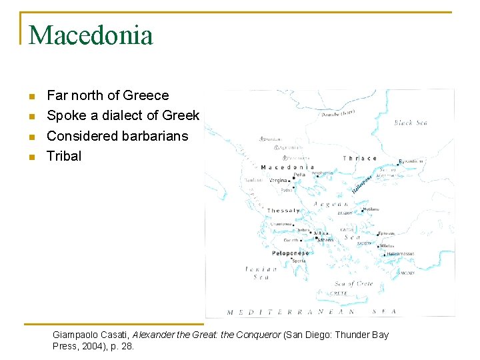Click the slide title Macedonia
[x=91, y=35]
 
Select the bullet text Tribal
[x=64, y=156]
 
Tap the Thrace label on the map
[x=359, y=158]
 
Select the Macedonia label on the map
[x=287, y=167]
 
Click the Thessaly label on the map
[x=283, y=211]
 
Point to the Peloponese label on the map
[x=290, y=253]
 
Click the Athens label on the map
[x=325, y=240]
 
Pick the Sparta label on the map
[x=299, y=261]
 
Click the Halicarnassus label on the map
[x=400, y=253]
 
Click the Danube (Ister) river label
[x=338, y=115]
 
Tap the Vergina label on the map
[x=279, y=180]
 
